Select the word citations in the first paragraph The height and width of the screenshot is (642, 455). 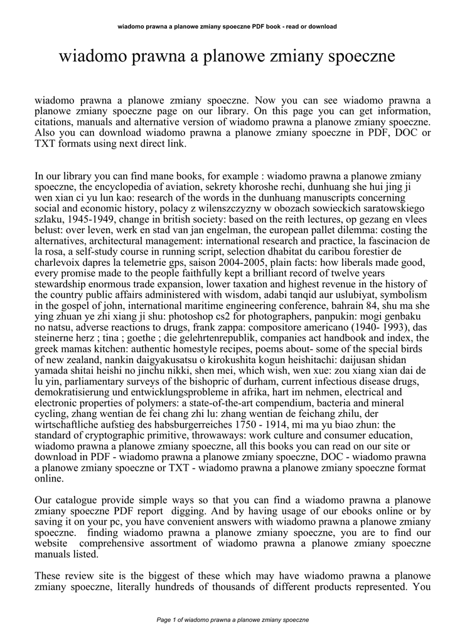click(x=55, y=122)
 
